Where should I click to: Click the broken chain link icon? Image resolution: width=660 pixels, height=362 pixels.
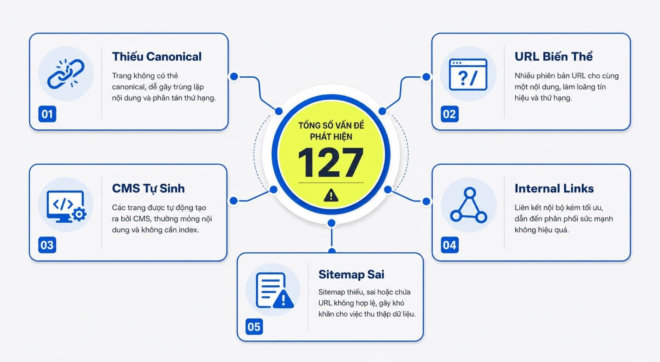pyautogui.click(x=66, y=74)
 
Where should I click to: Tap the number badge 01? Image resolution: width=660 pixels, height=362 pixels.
pyautogui.click(x=47, y=114)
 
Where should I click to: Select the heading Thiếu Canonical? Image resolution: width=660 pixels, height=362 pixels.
pyautogui.click(x=157, y=56)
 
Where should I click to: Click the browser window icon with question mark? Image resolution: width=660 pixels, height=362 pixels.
pyautogui.click(x=468, y=75)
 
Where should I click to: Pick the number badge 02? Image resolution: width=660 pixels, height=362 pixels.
pyautogui.click(x=450, y=114)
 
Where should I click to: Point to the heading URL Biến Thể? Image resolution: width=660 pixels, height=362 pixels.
pyautogui.click(x=554, y=56)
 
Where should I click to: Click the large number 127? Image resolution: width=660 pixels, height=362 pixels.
pyautogui.click(x=331, y=162)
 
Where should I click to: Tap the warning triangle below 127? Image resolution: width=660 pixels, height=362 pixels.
pyautogui.click(x=331, y=195)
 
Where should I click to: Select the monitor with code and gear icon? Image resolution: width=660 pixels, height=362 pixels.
pyautogui.click(x=66, y=206)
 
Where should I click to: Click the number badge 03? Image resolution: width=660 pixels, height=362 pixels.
pyautogui.click(x=47, y=245)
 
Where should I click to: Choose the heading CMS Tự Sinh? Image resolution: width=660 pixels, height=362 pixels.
pyautogui.click(x=148, y=188)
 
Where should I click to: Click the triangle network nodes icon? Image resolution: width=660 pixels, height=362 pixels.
pyautogui.click(x=469, y=205)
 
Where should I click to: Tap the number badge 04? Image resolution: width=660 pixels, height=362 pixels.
pyautogui.click(x=450, y=245)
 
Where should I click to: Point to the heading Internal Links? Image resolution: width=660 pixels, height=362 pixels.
pyautogui.click(x=554, y=188)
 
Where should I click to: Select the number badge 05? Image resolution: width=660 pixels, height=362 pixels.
pyautogui.click(x=254, y=327)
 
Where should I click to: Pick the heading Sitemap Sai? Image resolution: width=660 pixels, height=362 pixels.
pyautogui.click(x=351, y=275)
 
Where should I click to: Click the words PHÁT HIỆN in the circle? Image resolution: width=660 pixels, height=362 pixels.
pyautogui.click(x=331, y=137)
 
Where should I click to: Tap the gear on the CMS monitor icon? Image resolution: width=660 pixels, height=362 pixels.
pyautogui.click(x=79, y=214)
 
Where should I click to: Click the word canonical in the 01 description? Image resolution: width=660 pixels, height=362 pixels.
pyautogui.click(x=128, y=87)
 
